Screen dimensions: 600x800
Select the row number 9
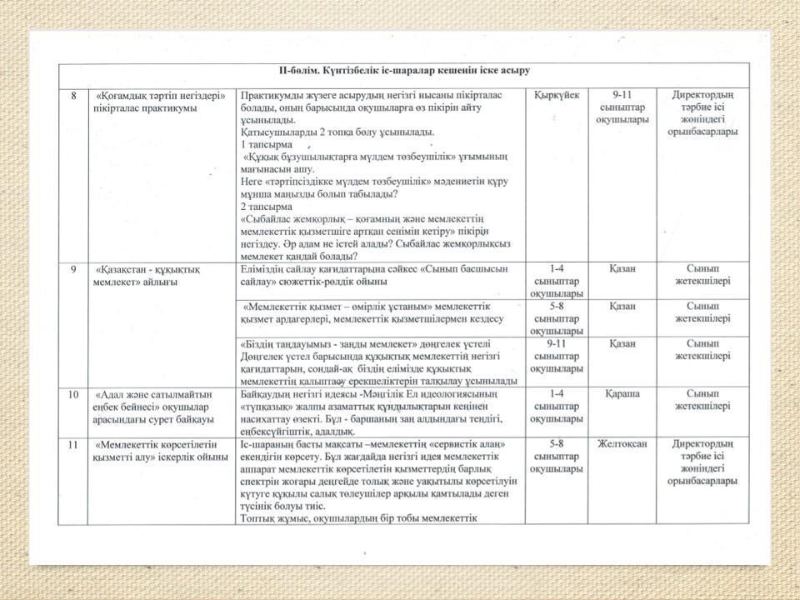click(x=74, y=269)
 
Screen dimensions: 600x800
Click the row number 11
click(x=73, y=444)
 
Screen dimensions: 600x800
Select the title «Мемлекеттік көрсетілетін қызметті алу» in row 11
click(x=161, y=450)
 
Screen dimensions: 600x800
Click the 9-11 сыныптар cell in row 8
click(x=622, y=107)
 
